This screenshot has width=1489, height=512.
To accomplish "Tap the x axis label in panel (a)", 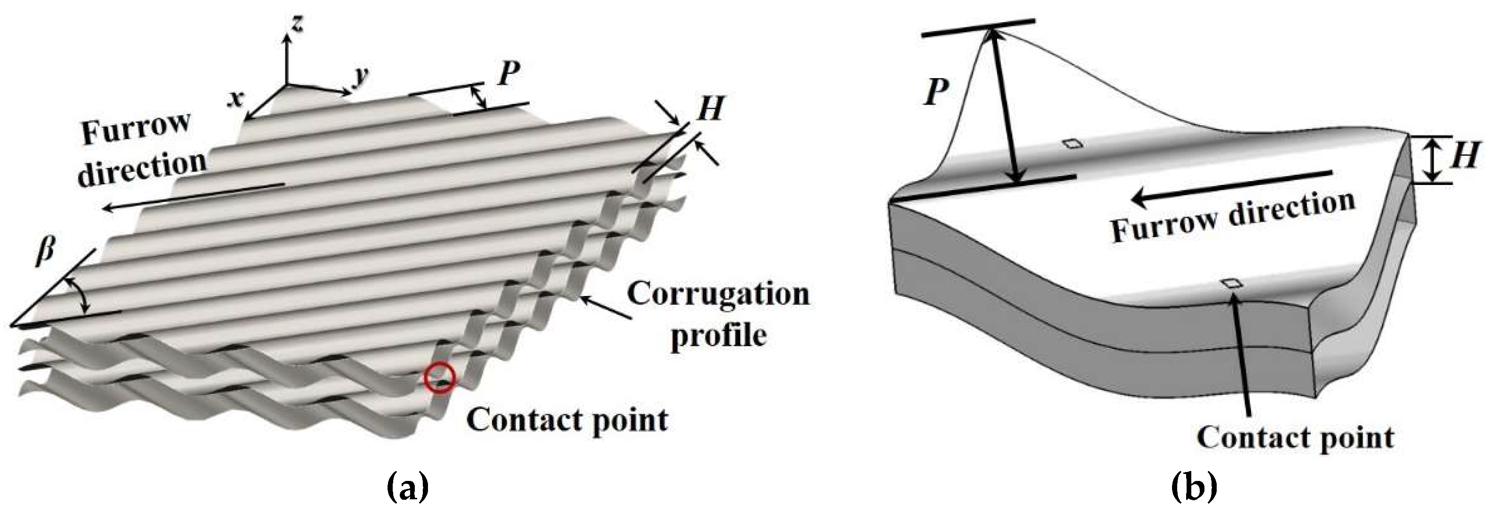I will pos(236,99).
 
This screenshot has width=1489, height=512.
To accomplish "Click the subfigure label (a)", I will pos(407,488).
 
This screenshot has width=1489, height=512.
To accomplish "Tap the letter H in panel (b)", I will pos(1465,155).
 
